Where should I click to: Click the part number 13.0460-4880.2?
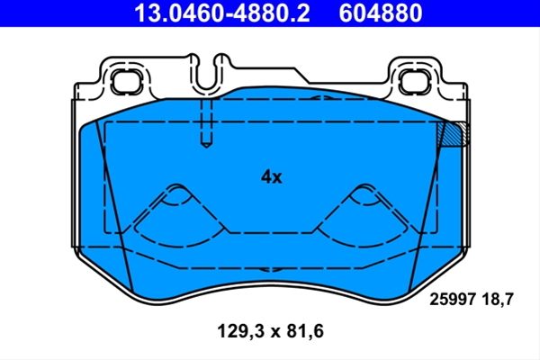click(222, 13)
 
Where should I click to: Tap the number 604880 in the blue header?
click(381, 13)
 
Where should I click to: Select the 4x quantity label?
click(272, 177)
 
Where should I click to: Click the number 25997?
click(453, 299)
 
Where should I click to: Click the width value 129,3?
click(240, 331)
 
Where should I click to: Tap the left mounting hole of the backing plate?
click(127, 81)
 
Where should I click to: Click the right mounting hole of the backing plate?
click(412, 81)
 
